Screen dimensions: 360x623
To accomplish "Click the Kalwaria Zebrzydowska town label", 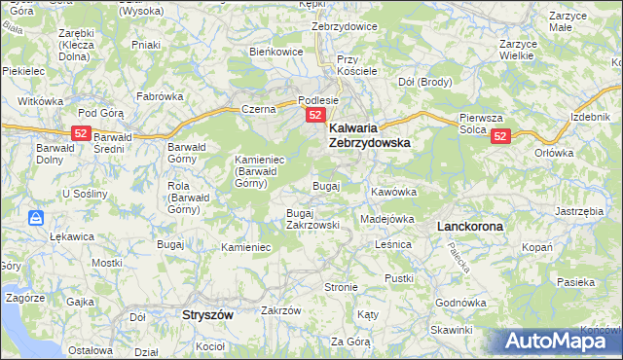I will tap(369, 134).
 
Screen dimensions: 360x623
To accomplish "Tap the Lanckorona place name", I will tap(470, 226).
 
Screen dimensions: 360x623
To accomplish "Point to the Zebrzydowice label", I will tap(344, 26).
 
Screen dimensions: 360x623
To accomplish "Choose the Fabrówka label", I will tap(161, 96).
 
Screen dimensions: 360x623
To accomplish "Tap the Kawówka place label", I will tap(393, 192).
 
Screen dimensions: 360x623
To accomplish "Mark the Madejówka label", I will tap(387, 219).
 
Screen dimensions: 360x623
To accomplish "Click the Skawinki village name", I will tap(451, 330).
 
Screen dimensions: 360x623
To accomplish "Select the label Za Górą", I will tap(350, 342).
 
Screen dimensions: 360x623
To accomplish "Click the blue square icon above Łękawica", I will tap(35, 217).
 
